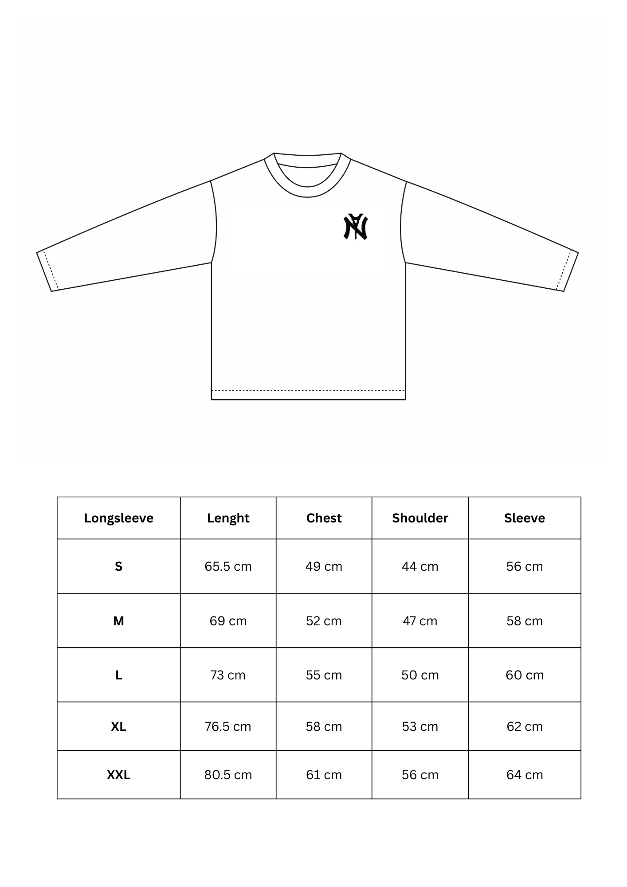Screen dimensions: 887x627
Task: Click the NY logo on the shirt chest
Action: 356,227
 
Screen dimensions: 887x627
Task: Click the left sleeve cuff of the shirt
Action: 48,271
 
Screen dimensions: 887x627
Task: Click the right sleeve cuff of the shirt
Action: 567,271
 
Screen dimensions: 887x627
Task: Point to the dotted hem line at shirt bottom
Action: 308,390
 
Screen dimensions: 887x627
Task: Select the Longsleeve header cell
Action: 119,518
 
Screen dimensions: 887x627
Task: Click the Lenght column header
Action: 228,518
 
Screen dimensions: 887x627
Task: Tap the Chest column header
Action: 324,518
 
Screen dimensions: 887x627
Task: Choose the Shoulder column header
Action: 420,518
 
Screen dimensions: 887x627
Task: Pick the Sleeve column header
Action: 525,518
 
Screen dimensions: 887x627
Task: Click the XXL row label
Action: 119,775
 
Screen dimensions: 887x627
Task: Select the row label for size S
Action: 119,566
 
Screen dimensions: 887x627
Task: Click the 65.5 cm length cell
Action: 228,566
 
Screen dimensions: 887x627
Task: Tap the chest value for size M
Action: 324,621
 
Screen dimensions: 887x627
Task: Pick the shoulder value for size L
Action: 420,675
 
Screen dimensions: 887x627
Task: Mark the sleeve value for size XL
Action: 525,726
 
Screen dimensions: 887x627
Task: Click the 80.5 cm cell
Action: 228,775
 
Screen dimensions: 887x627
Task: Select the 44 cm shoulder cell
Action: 420,566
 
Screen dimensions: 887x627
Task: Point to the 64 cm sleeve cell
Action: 525,775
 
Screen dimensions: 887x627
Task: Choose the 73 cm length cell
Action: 228,675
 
